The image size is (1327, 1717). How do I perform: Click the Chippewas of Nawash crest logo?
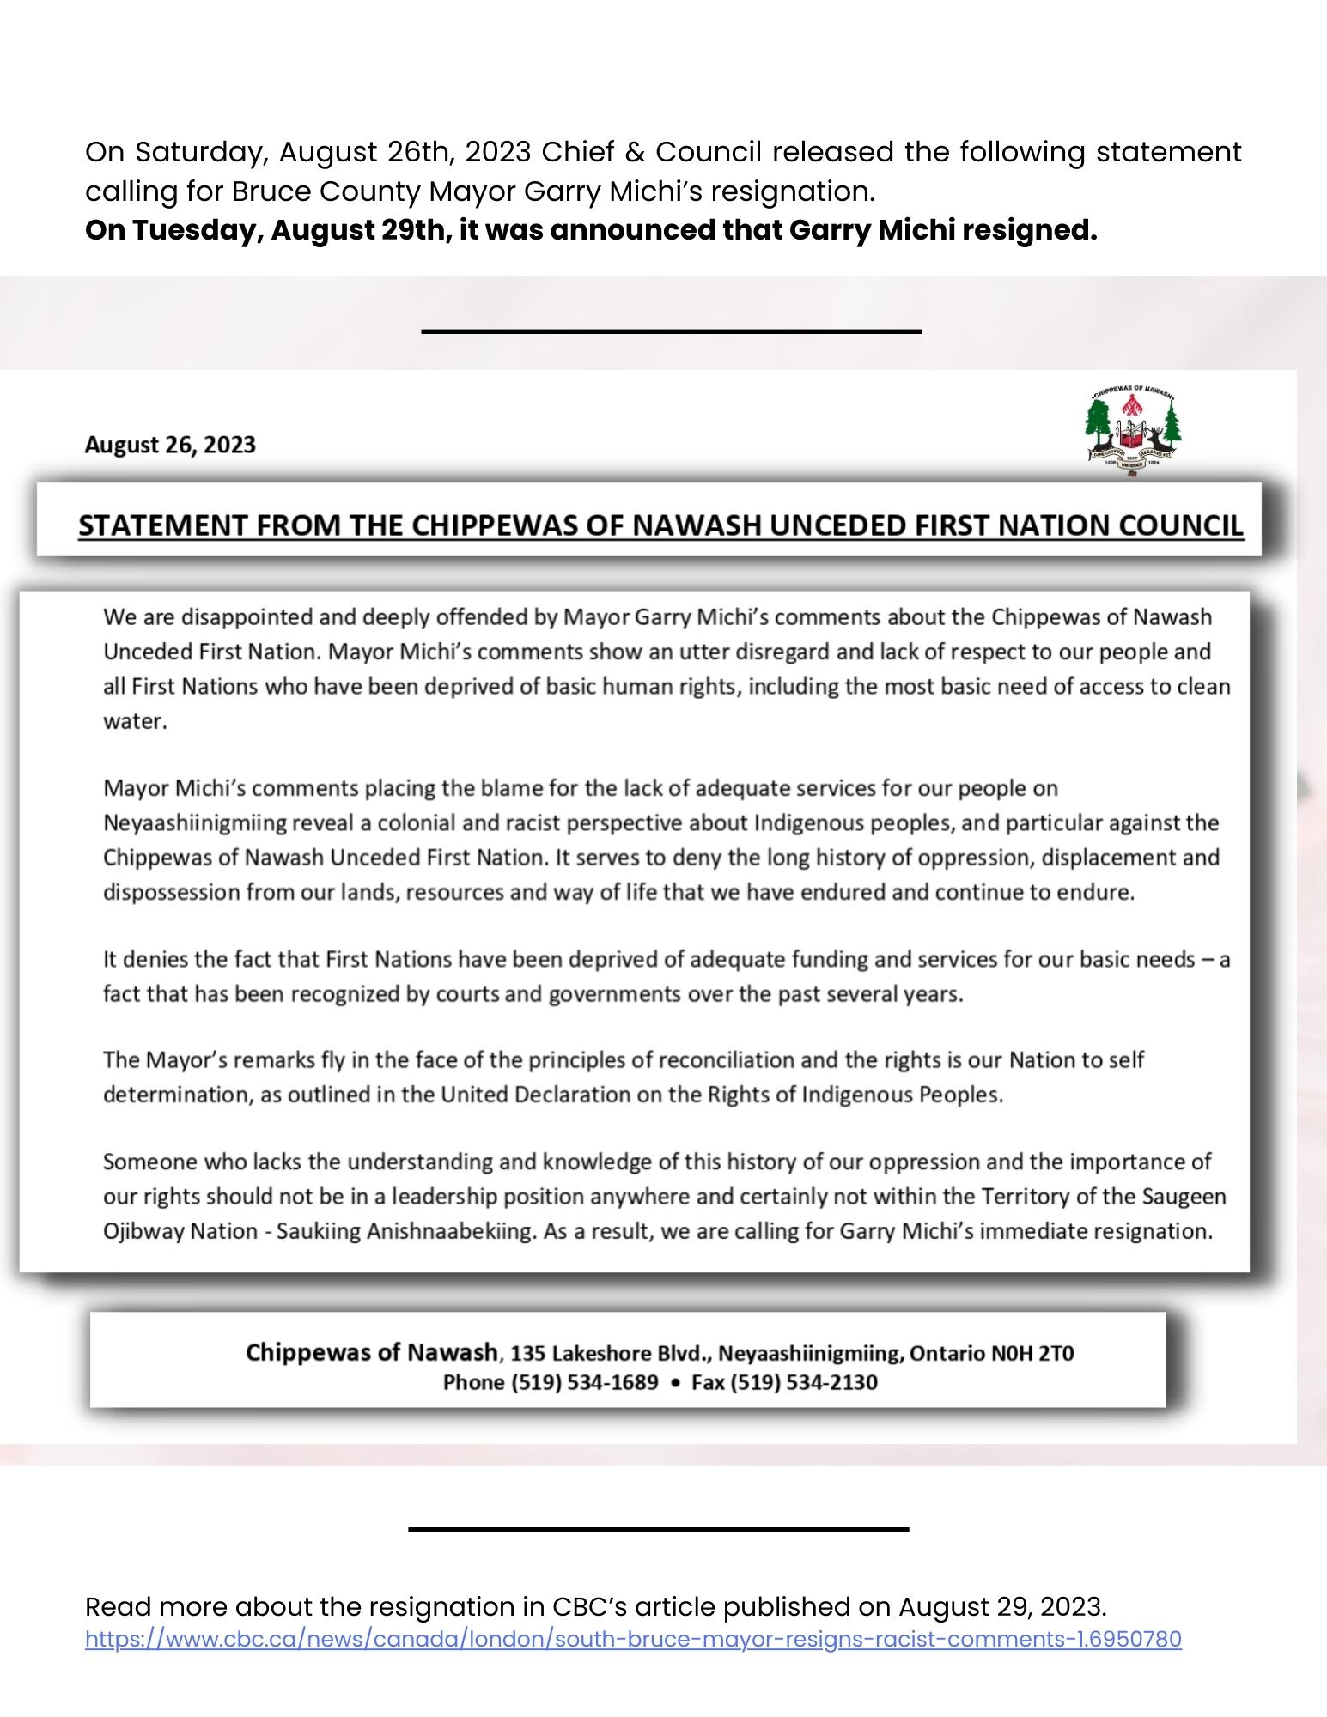coord(1133,432)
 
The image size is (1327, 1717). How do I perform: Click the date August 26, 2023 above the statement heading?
coord(170,445)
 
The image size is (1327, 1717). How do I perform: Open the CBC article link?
coord(633,1639)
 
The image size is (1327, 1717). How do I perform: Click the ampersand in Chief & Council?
coord(638,152)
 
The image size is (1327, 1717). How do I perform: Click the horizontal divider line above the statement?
coord(671,331)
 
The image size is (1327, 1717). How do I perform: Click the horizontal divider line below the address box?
coord(658,1528)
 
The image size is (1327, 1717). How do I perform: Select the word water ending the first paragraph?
coord(133,721)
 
